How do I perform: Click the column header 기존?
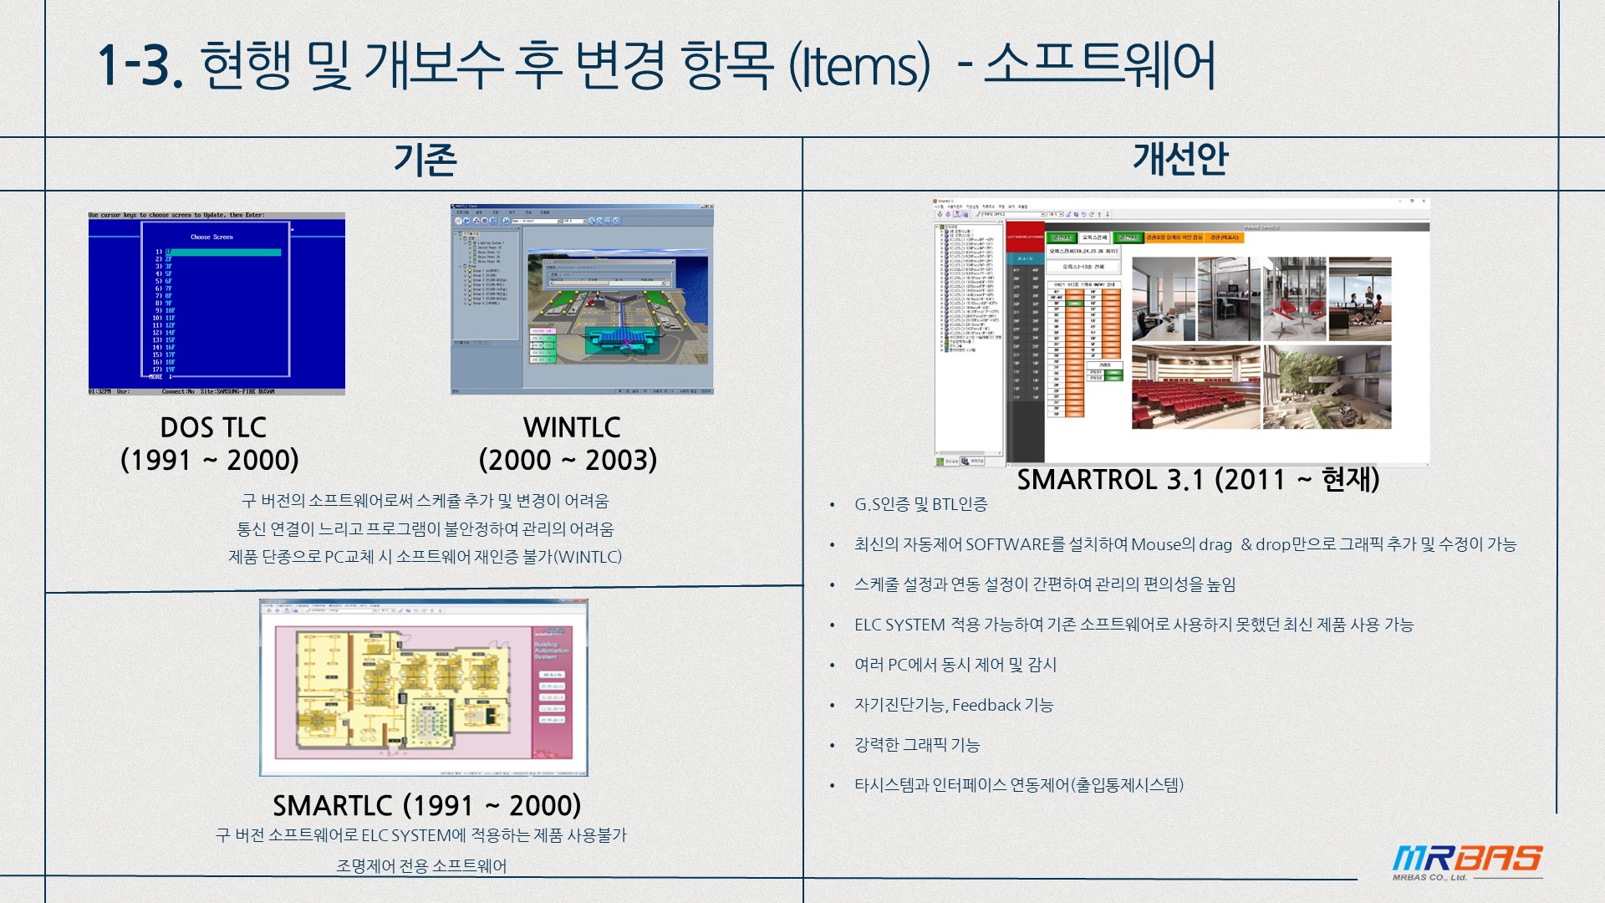425,160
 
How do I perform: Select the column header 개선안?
1180,158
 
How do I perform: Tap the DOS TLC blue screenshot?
217,304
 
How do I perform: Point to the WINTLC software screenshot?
582,299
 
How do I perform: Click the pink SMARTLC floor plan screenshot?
423,687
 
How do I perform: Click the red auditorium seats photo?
1195,387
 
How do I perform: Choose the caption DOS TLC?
213,428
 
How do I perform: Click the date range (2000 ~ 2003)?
568,460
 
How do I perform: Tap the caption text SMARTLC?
332,806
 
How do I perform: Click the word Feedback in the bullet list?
986,705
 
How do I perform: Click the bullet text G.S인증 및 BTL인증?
920,504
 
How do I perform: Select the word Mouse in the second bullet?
1156,544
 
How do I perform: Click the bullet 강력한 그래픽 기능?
916,745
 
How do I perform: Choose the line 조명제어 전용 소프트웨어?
421,866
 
